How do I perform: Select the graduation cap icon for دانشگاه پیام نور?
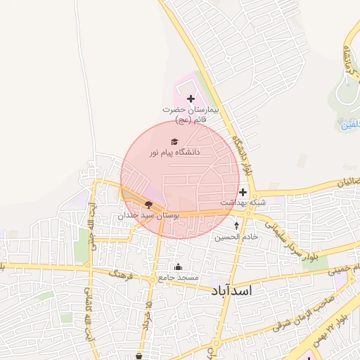pos(174,141)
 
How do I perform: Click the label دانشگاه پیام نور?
pos(175,152)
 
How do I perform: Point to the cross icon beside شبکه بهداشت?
pos(243,192)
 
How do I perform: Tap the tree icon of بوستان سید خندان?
pos(148,205)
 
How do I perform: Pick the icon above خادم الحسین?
pos(236,226)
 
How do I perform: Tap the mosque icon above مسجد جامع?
pos(177,266)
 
